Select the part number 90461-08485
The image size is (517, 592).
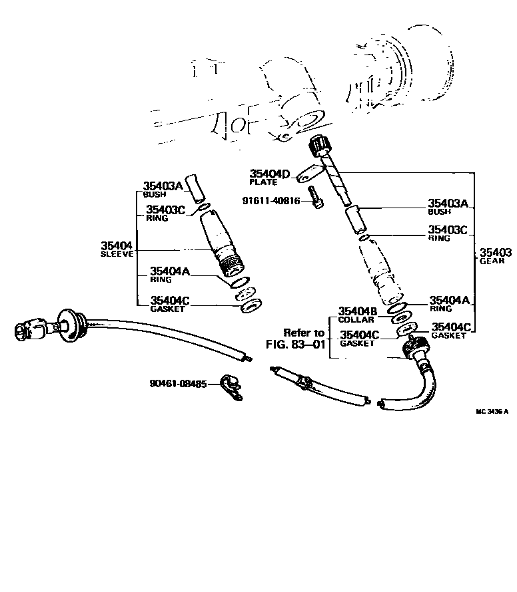(x=179, y=384)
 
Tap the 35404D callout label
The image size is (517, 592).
(x=270, y=174)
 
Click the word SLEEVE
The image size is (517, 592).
(x=117, y=254)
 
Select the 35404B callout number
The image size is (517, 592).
(x=358, y=311)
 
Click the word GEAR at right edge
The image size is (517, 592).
(x=492, y=261)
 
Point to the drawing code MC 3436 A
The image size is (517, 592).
(x=491, y=411)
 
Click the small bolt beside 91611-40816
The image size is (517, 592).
(x=316, y=199)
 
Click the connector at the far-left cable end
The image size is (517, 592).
(x=30, y=328)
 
